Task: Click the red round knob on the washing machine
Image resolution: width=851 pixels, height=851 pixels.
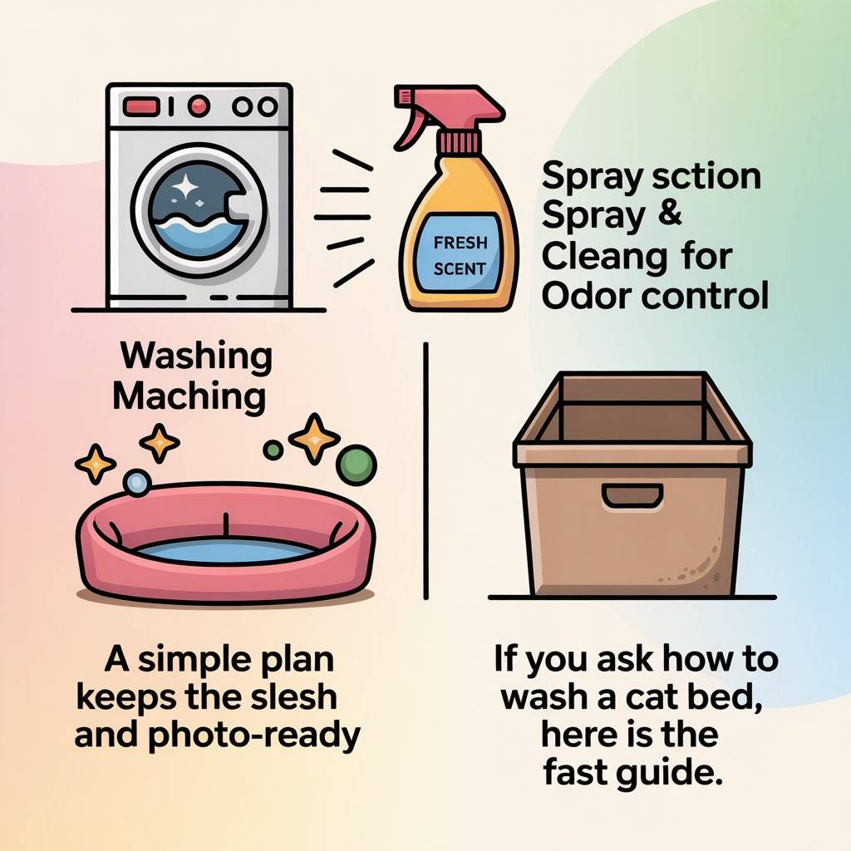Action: click(x=199, y=106)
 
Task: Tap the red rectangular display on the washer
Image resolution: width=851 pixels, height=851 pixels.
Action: click(x=141, y=106)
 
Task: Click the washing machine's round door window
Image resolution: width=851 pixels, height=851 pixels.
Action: click(x=199, y=210)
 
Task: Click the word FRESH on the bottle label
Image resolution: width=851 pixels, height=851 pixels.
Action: click(x=460, y=243)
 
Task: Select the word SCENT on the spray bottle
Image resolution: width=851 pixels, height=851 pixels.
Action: click(x=459, y=268)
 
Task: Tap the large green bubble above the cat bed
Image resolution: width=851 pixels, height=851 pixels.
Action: click(x=356, y=465)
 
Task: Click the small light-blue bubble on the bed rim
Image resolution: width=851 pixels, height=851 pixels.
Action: click(x=137, y=483)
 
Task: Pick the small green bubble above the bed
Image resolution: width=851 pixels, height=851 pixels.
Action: click(x=273, y=450)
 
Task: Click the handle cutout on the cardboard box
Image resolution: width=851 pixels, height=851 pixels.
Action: click(x=632, y=496)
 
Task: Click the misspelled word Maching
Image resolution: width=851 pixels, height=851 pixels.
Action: click(x=189, y=397)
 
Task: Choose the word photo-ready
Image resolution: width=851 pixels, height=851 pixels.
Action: click(x=253, y=736)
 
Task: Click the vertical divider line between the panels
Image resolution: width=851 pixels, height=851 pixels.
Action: click(x=425, y=470)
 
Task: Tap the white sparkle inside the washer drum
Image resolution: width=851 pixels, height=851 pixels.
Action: click(x=185, y=187)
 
